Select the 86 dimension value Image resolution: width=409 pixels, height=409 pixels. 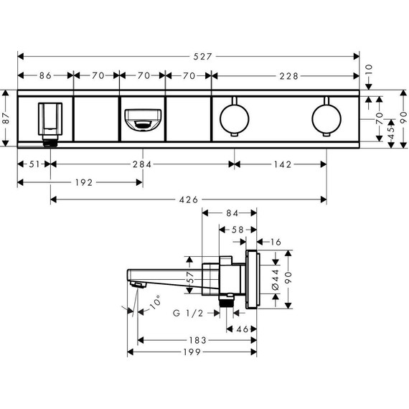tap(45, 75)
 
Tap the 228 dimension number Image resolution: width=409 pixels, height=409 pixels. tap(286, 75)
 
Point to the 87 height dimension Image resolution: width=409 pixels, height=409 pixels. tap(6, 118)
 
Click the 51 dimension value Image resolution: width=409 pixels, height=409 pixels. tap(34, 164)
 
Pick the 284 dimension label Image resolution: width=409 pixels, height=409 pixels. tap(141, 164)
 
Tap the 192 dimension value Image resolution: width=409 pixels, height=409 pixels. tap(83, 182)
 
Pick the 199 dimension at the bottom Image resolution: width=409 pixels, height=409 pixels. tap(189, 352)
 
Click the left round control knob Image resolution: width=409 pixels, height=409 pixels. tap(233, 118)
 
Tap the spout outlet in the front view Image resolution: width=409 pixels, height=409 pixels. tap(142, 118)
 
